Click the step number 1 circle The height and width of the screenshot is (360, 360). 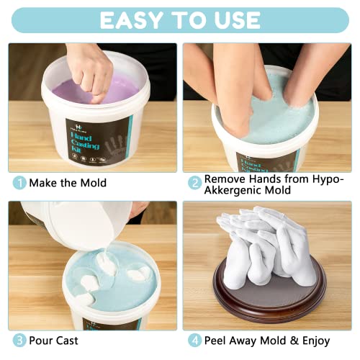pos(17,183)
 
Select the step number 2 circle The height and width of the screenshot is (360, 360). pos(194,183)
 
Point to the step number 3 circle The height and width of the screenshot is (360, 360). pos(17,340)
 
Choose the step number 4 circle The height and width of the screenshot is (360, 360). pos(194,340)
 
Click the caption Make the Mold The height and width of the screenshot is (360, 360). pos(67,183)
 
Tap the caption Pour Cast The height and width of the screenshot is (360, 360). pos(54,340)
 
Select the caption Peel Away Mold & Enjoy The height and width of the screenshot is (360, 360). pos(267,340)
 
